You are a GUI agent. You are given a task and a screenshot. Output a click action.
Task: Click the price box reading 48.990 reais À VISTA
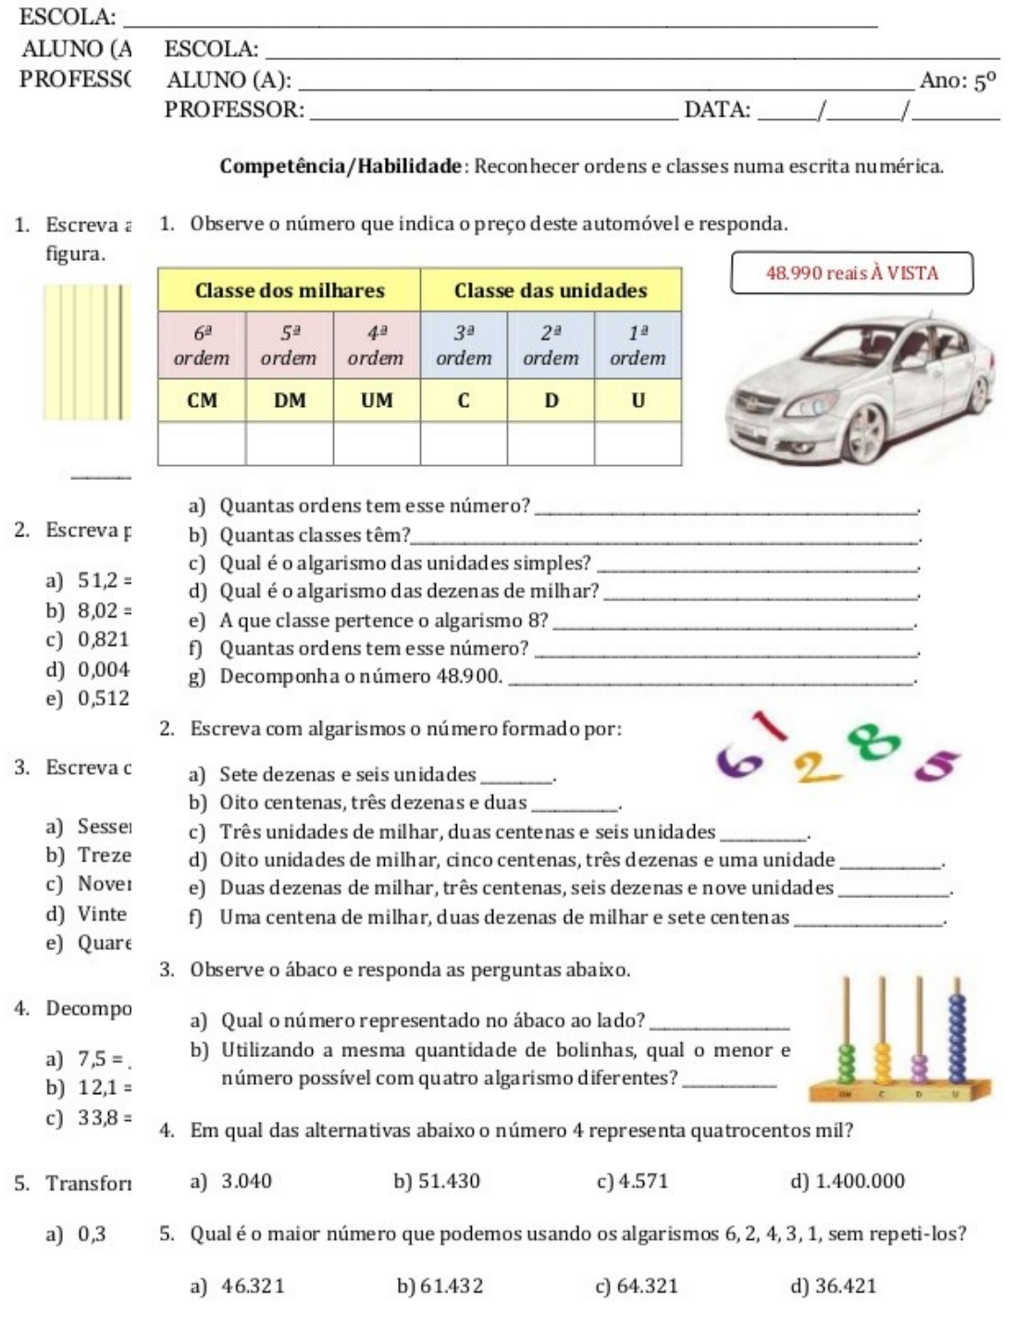point(852,274)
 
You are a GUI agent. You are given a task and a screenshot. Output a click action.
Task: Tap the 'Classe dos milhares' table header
point(290,290)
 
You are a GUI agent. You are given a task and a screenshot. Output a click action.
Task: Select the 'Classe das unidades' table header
point(551,290)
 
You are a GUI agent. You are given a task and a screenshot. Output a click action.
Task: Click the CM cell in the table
point(203,400)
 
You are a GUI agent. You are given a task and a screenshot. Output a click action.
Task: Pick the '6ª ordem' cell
point(203,345)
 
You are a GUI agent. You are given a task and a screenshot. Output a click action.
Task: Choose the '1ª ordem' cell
point(638,345)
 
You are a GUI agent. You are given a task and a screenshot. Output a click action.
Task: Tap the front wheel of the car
point(862,435)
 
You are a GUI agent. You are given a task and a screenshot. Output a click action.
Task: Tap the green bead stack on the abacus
point(844,1064)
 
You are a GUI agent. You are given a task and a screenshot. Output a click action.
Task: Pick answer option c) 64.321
point(638,1286)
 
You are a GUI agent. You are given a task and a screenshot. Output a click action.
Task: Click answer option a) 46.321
point(236,1286)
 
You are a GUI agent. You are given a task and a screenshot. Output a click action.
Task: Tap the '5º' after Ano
point(984,81)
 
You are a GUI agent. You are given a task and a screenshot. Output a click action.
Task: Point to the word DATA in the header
point(717,110)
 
